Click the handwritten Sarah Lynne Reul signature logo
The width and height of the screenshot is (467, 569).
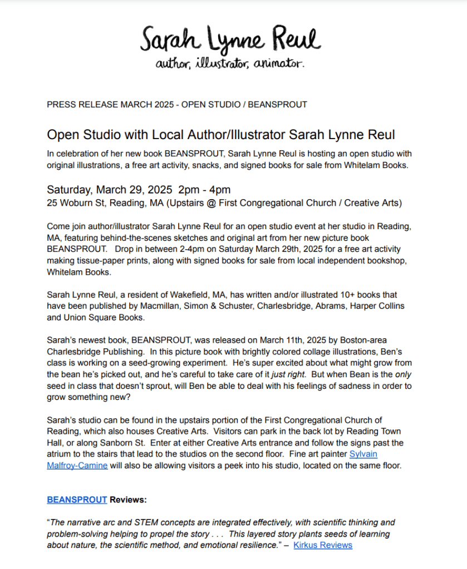click(x=230, y=41)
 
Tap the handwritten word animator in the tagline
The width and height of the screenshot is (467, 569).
click(x=278, y=65)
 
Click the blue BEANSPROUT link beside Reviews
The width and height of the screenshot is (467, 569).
click(x=77, y=500)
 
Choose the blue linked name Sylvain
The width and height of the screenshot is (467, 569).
click(x=363, y=454)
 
